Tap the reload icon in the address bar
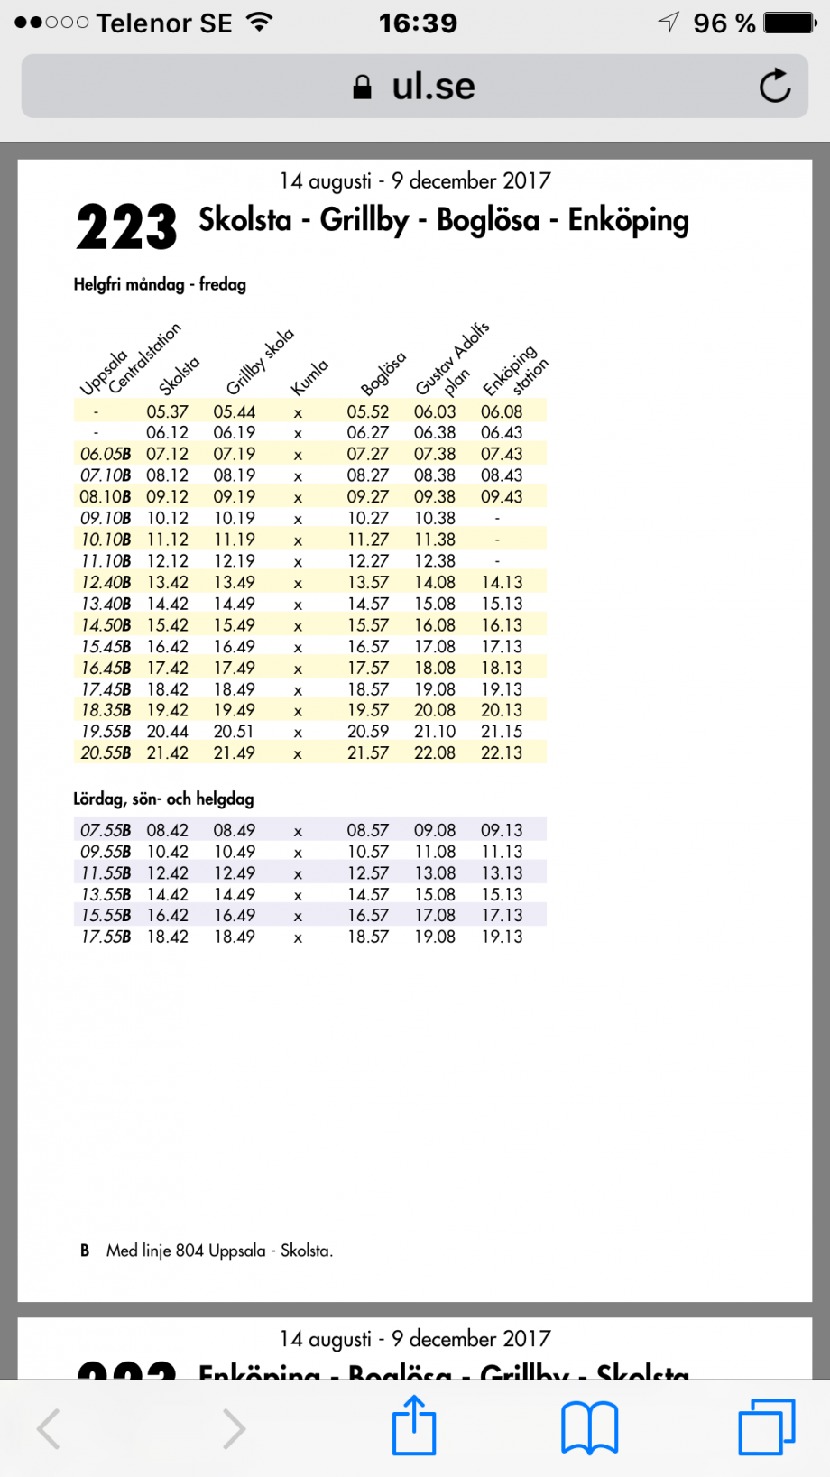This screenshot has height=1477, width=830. pos(774,86)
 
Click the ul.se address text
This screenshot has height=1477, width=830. pos(432,87)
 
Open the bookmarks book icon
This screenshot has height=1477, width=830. pos(589,1427)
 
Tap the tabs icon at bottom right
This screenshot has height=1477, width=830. pos(766,1427)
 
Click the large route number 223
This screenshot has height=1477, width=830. pos(126,227)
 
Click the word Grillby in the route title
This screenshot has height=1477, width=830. pos(364,220)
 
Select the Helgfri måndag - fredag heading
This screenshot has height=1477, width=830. pos(160,285)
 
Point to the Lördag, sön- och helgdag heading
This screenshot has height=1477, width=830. pos(163,799)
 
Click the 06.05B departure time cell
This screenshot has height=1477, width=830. pos(105,454)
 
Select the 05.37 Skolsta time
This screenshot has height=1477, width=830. pos(167,411)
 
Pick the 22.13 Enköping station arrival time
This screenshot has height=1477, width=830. pos(501,752)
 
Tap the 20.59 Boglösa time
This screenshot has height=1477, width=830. pos(367,732)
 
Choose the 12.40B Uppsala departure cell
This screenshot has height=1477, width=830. pos(105,582)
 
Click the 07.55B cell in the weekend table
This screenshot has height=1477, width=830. pos(105,830)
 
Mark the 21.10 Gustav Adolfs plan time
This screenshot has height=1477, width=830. pos(434,732)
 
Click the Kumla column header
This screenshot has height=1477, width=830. pos(309,377)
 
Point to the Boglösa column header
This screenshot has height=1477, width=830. pos(383,374)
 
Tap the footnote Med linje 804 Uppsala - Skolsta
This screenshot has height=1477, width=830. pos(219,1251)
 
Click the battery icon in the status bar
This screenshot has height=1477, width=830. pos(790,23)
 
